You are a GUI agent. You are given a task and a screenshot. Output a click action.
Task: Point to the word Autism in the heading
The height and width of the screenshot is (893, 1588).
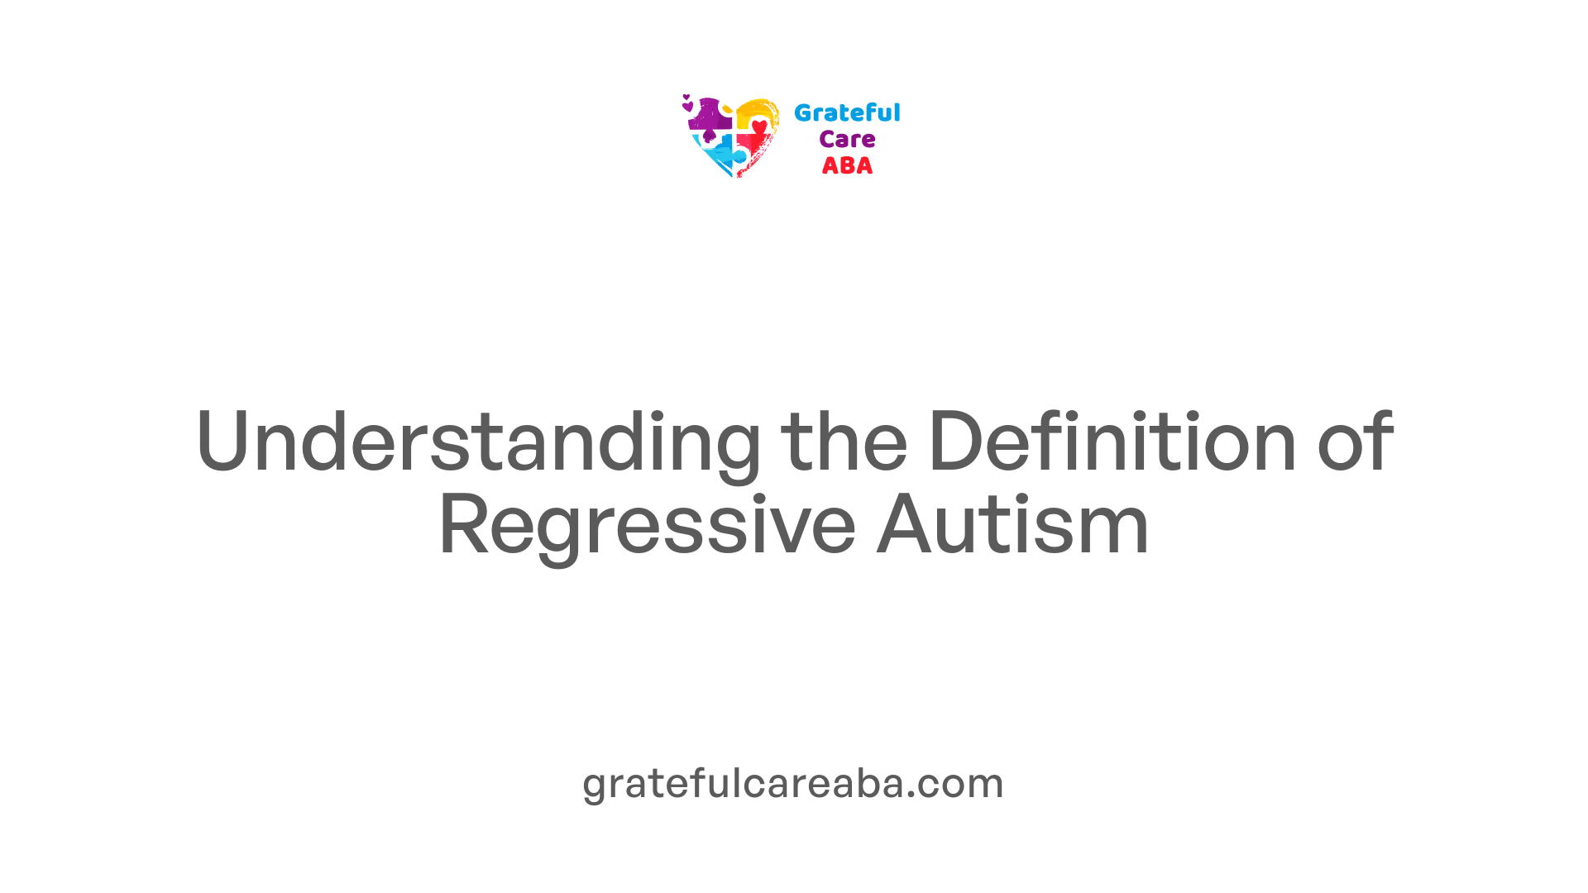click(x=1013, y=523)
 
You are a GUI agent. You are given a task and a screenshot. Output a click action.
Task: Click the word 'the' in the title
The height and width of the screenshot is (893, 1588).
click(x=844, y=442)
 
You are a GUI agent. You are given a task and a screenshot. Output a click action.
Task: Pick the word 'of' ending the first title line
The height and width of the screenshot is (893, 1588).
click(x=1355, y=442)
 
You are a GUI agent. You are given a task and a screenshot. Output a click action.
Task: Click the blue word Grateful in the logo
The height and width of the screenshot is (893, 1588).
click(x=847, y=112)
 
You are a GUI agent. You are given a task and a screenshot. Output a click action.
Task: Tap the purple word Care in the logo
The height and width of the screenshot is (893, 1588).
click(x=847, y=139)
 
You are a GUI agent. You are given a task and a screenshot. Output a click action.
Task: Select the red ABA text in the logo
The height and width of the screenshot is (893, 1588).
click(x=847, y=165)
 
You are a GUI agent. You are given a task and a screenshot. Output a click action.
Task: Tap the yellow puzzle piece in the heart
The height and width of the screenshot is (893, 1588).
click(x=756, y=113)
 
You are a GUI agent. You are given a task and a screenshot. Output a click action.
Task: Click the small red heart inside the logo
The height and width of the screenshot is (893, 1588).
click(x=759, y=127)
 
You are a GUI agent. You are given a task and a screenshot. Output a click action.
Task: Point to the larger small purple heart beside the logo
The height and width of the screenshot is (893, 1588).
click(x=687, y=106)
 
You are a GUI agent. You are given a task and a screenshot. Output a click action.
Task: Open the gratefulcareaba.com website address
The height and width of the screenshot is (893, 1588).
click(x=793, y=783)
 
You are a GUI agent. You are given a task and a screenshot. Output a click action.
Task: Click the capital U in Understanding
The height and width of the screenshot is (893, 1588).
click(x=223, y=442)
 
